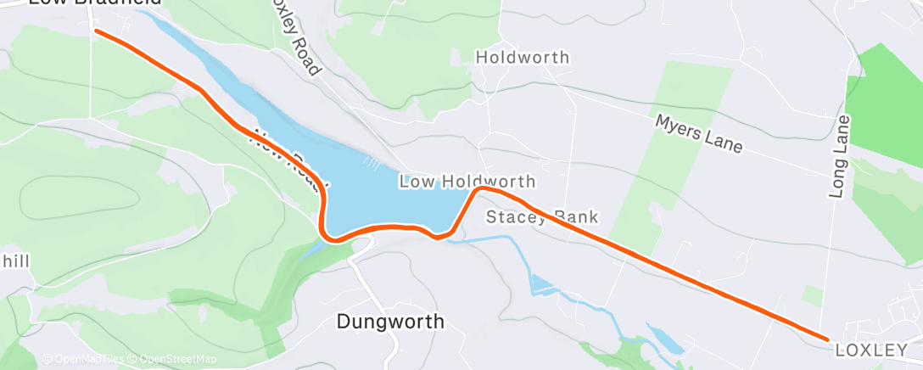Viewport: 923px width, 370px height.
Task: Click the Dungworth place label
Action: [390, 322]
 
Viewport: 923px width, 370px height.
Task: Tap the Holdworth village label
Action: [522, 59]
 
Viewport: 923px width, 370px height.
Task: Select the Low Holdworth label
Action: [467, 182]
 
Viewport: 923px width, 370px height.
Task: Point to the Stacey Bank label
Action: [542, 217]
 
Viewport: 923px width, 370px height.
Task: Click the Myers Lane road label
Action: [698, 134]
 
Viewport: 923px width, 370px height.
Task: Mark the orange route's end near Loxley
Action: [827, 339]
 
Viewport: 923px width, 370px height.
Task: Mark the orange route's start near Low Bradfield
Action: [95, 31]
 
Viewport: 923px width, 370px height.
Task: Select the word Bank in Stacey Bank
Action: [575, 217]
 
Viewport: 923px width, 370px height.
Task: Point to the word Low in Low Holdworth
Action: [416, 182]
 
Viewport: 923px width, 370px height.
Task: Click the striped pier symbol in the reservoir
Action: [370, 160]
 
